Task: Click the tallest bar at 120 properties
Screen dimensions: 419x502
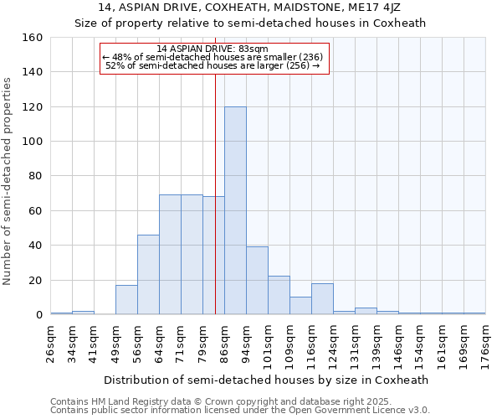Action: click(235, 210)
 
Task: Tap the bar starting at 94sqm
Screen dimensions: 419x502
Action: click(257, 281)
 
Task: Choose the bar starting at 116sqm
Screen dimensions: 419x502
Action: click(322, 299)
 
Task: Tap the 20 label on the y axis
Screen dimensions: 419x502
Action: click(35, 280)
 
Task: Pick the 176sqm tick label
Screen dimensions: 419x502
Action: click(486, 344)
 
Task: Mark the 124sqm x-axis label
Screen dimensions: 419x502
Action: click(334, 344)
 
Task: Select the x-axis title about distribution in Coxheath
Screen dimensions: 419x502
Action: click(268, 380)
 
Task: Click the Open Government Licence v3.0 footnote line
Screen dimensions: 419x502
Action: click(240, 410)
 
